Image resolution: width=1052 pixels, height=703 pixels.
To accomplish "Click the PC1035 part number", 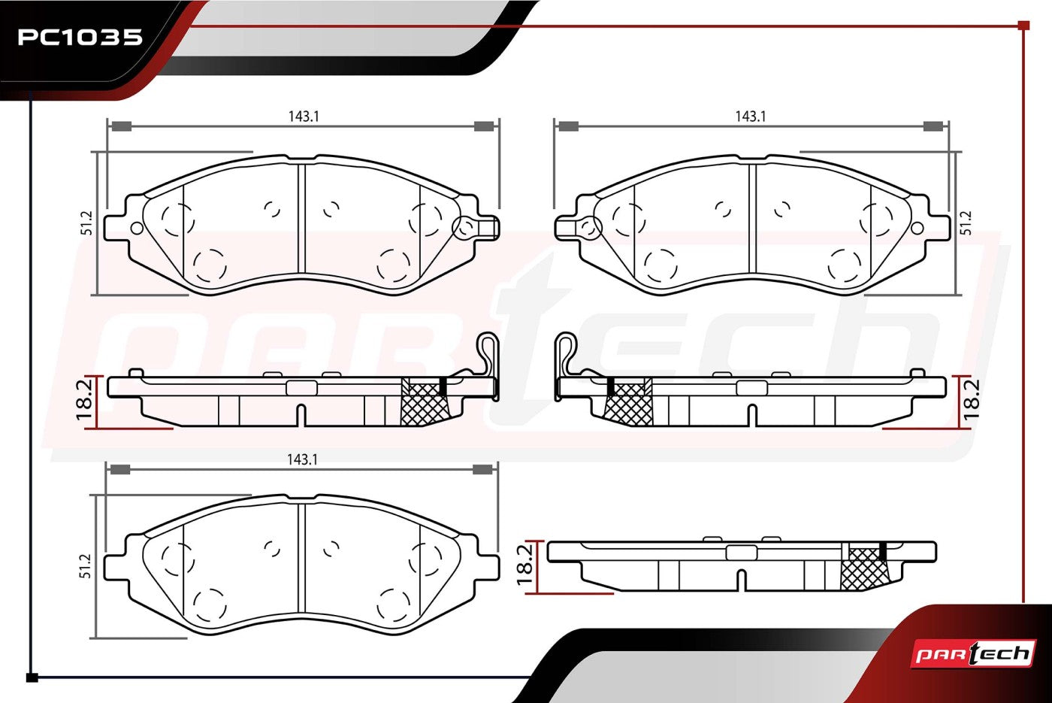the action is pyautogui.click(x=80, y=37).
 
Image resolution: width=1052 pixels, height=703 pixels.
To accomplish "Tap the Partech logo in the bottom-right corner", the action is pyautogui.click(x=973, y=653).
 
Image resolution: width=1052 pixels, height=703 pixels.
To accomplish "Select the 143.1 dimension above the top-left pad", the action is pyautogui.click(x=304, y=117).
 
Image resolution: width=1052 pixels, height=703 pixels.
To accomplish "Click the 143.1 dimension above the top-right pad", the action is pyautogui.click(x=751, y=117).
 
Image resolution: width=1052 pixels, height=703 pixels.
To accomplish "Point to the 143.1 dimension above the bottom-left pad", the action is pyautogui.click(x=302, y=459).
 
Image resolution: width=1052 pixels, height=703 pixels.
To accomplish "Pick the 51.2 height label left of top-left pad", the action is pyautogui.click(x=88, y=223).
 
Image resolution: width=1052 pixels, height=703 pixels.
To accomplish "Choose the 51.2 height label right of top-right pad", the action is pyautogui.click(x=966, y=223).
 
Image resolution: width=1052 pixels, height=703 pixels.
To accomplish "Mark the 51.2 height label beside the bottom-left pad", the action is pyautogui.click(x=86, y=565).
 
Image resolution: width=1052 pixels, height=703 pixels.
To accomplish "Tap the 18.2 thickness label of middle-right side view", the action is pyautogui.click(x=971, y=400).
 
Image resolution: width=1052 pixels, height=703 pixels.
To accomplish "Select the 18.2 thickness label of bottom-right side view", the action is pyautogui.click(x=525, y=565).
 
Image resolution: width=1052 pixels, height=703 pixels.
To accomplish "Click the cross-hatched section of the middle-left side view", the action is pyautogui.click(x=424, y=402).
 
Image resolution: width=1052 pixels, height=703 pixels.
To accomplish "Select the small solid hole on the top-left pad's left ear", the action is pyautogui.click(x=136, y=229).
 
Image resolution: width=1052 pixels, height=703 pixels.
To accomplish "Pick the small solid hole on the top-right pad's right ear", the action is pyautogui.click(x=917, y=229).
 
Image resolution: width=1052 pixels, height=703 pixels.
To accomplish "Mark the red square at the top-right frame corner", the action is pyautogui.click(x=1023, y=26).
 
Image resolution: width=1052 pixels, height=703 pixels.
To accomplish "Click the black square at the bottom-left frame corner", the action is pyautogui.click(x=32, y=677).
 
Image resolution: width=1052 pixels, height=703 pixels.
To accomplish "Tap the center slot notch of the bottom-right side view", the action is pyautogui.click(x=741, y=580).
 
